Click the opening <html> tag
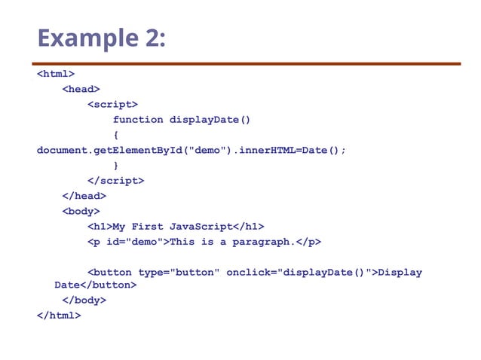point(55,74)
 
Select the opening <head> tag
point(81,89)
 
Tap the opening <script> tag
point(112,105)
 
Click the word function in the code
point(138,120)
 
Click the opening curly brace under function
point(115,135)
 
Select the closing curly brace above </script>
point(115,166)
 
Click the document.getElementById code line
point(191,151)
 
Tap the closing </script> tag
point(115,181)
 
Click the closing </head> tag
point(84,196)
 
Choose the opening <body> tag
point(81,212)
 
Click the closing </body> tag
point(84,301)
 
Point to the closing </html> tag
point(58,316)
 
